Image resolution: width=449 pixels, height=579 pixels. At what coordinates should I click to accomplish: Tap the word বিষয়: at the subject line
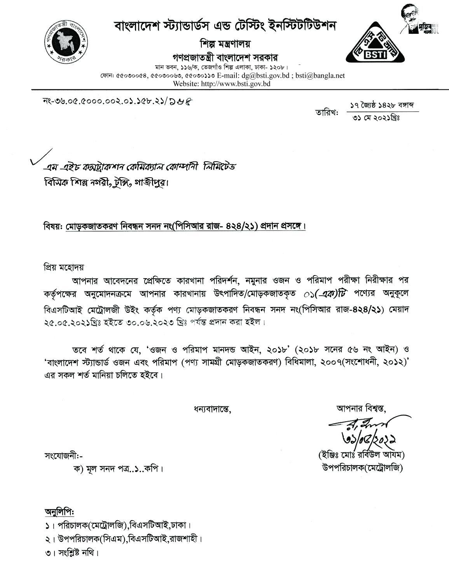[51, 226]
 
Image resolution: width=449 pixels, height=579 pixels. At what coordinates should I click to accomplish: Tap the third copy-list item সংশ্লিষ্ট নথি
[72, 552]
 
